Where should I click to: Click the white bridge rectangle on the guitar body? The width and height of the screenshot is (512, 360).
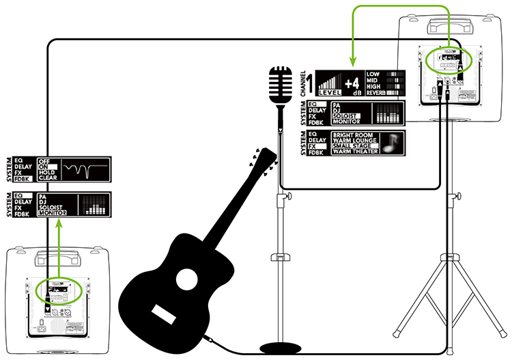[x=165, y=314]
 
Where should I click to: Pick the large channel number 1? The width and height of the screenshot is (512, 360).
[x=309, y=83]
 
